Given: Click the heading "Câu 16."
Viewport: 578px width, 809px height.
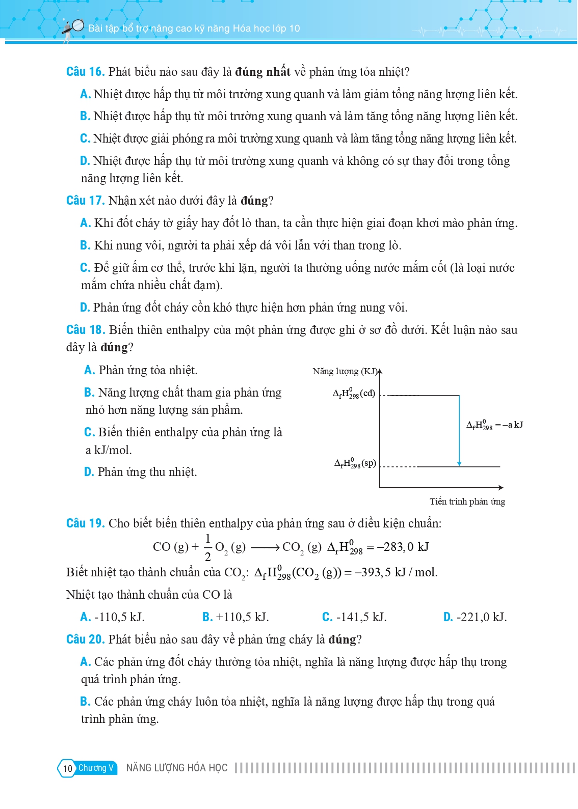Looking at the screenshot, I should coord(85,72).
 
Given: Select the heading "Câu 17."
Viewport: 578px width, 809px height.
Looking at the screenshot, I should coord(85,201).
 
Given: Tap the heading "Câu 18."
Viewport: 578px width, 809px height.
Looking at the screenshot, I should coord(85,330).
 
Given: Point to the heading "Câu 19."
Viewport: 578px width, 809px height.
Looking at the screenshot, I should coord(85,523).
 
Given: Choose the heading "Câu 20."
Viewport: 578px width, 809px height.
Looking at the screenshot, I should coord(85,639).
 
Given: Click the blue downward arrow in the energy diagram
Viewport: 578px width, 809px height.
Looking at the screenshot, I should coord(459,431).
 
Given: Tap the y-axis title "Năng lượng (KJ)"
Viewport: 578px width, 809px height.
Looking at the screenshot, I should coord(345,371).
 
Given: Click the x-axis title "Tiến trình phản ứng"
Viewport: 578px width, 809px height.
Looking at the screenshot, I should coord(467,502).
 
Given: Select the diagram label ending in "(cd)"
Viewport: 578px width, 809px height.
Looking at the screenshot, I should coord(354,394).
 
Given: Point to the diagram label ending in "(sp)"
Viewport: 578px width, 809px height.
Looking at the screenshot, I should coord(355,463).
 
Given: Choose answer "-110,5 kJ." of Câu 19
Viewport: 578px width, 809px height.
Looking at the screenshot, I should coord(113,617).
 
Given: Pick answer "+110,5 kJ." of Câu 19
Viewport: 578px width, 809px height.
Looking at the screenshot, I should coord(235,617).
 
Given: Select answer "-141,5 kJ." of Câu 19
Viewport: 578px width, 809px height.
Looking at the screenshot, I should coord(355,617).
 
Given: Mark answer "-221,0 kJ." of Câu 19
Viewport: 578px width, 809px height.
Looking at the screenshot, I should coord(475,617).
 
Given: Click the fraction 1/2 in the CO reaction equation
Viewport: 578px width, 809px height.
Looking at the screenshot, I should coord(208,547).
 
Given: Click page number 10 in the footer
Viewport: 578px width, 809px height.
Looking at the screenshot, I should coord(68,768).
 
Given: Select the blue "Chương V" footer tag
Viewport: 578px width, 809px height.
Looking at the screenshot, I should coord(96,768).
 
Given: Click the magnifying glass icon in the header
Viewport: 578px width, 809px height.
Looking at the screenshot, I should coord(76,25).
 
